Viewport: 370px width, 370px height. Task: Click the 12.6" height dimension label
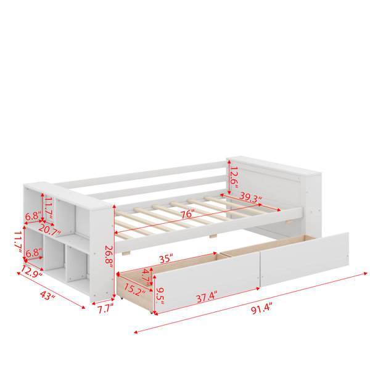coord(234,177)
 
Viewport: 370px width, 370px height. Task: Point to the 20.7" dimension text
coord(50,229)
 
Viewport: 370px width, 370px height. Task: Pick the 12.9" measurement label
coord(31,271)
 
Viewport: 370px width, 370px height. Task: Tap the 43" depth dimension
coord(47,295)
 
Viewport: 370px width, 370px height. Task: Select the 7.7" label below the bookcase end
coord(105,309)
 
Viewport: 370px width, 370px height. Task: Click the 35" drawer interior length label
coord(166,259)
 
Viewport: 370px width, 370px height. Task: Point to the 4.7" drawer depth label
coord(147,274)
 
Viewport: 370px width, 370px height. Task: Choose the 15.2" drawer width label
coord(134,290)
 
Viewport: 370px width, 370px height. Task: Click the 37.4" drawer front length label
coord(207,297)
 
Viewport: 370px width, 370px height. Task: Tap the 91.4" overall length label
coord(261,309)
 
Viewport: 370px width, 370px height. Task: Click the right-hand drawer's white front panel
coord(305,259)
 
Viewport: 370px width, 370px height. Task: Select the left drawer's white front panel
coord(207,282)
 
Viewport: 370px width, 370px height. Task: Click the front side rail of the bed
coord(208,229)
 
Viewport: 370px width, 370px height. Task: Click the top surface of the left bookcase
coord(68,195)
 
